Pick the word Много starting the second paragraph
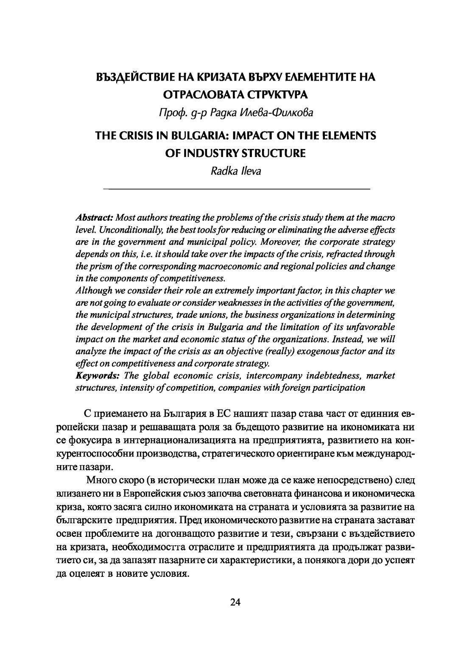[99, 481]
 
